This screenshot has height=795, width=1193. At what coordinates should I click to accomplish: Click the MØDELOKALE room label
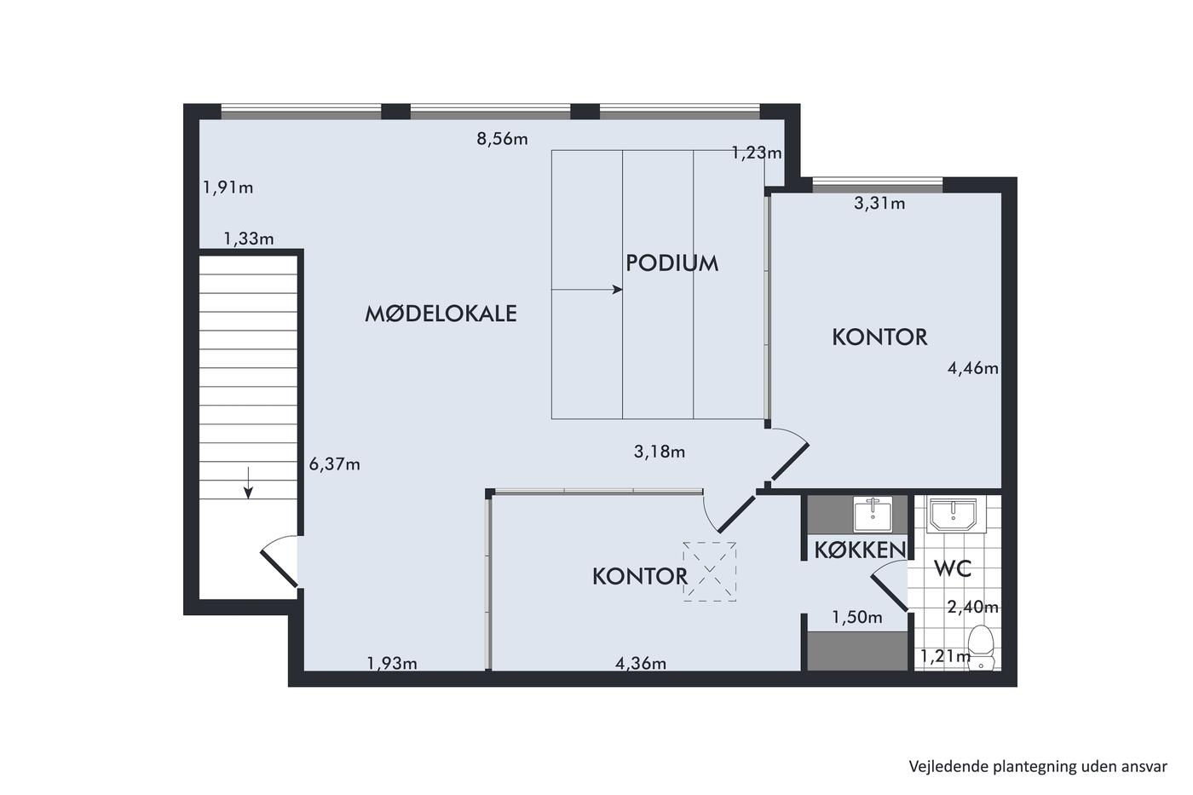(x=441, y=314)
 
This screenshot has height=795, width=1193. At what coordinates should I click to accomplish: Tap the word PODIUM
(x=671, y=263)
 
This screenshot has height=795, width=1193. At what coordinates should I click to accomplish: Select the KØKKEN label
(x=860, y=550)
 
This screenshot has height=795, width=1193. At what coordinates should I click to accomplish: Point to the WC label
(x=953, y=568)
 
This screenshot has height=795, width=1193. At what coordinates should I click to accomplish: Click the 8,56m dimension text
(x=502, y=139)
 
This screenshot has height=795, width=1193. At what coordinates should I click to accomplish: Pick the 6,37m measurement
(x=334, y=464)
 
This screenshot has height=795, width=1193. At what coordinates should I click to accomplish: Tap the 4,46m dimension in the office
(x=972, y=368)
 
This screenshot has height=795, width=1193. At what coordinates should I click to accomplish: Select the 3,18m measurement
(x=660, y=452)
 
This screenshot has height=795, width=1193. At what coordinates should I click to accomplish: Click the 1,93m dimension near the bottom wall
(x=392, y=663)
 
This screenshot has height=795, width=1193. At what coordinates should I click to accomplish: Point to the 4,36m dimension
(x=641, y=663)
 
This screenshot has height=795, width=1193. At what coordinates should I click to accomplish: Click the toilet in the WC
(x=981, y=648)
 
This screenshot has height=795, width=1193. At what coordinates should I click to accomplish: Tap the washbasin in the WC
(x=952, y=515)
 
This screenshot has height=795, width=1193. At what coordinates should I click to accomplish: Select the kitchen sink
(x=873, y=514)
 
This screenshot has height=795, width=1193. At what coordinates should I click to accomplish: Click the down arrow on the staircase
(x=248, y=482)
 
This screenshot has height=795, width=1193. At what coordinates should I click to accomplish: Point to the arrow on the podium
(x=587, y=290)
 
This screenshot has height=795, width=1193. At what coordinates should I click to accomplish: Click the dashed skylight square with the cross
(x=709, y=572)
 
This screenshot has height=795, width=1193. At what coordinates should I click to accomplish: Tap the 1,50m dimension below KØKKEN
(x=857, y=617)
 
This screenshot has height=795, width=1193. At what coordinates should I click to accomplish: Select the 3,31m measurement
(x=879, y=203)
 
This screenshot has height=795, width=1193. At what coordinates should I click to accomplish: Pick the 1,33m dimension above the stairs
(x=248, y=239)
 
